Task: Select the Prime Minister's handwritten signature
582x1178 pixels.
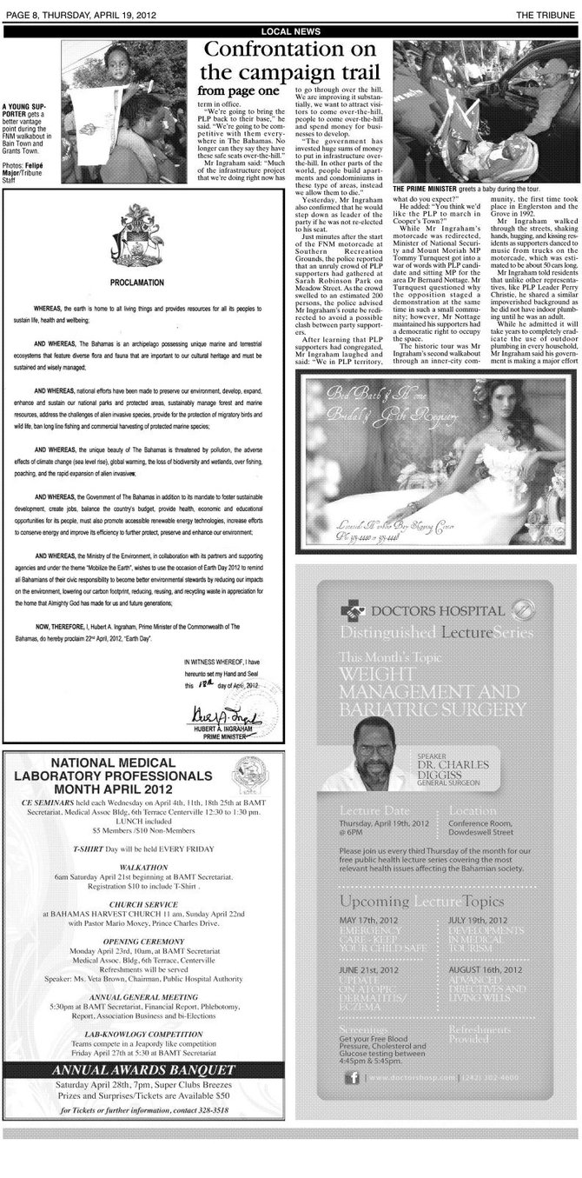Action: pyautogui.click(x=215, y=715)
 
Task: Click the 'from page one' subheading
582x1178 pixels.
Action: pyautogui.click(x=238, y=90)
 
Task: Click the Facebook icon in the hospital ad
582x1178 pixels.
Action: pyautogui.click(x=353, y=1078)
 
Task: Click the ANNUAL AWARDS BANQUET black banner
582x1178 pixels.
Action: pyautogui.click(x=143, y=1069)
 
